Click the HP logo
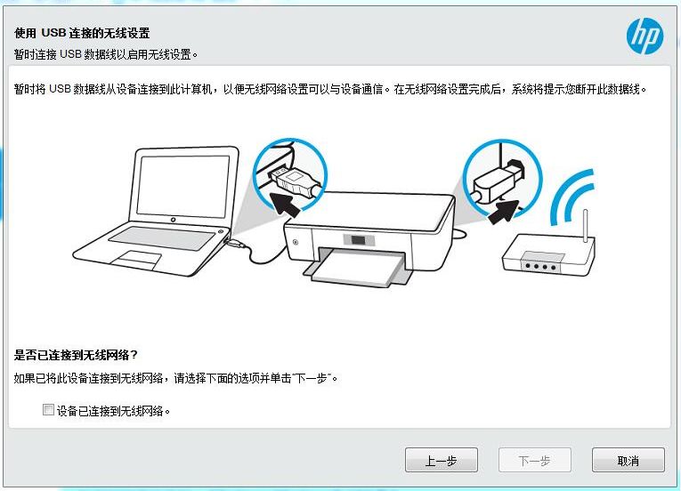[x=645, y=36]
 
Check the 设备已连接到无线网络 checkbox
[x=48, y=409]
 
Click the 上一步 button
[x=442, y=460]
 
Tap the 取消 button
[x=628, y=460]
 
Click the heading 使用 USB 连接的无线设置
[x=82, y=33]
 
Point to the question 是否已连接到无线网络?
[x=76, y=355]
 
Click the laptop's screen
[x=182, y=184]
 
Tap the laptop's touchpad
[x=137, y=259]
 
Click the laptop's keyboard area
[x=161, y=237]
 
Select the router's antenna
[x=585, y=226]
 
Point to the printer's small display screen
[x=359, y=240]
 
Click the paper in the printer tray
[x=359, y=269]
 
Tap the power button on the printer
[x=296, y=242]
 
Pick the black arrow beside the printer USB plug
[x=504, y=212]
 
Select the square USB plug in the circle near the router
[x=499, y=181]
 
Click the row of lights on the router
[x=540, y=266]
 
